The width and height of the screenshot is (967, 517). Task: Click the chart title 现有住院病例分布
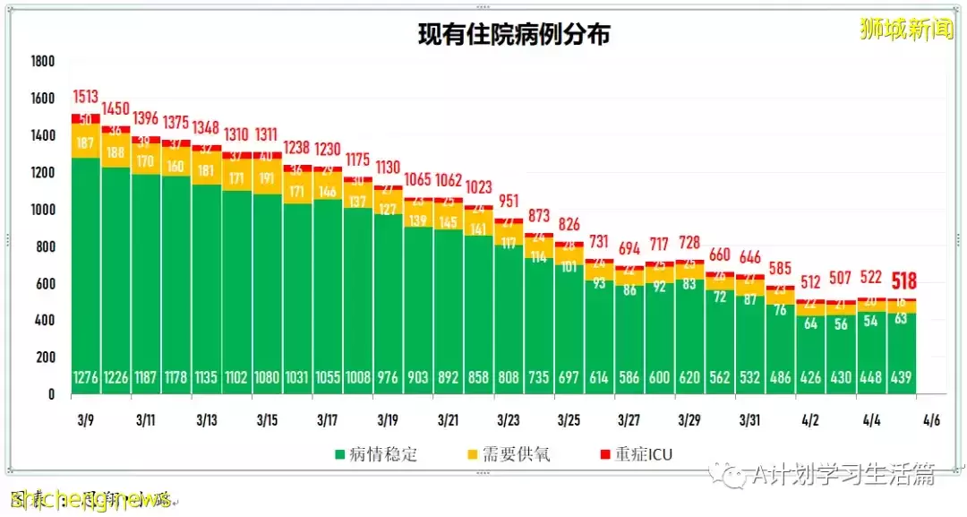point(515,35)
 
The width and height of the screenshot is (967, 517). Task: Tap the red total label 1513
point(86,97)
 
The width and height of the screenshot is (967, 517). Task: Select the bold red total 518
point(903,282)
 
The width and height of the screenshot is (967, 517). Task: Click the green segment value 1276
point(86,378)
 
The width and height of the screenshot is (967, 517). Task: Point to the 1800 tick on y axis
point(42,62)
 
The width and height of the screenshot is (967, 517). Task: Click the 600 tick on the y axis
point(46,283)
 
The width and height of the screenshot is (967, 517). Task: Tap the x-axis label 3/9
point(86,419)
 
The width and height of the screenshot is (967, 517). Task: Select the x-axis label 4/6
point(932,419)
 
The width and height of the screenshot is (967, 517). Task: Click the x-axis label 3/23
point(509,419)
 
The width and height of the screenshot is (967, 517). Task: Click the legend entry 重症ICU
point(638,454)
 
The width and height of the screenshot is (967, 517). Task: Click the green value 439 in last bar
point(903,378)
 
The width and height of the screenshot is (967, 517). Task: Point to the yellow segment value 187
point(86,143)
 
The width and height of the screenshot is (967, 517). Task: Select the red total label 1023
point(479,187)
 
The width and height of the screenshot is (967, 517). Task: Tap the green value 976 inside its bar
point(388,378)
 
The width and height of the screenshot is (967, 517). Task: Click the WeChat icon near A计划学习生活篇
point(736,475)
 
